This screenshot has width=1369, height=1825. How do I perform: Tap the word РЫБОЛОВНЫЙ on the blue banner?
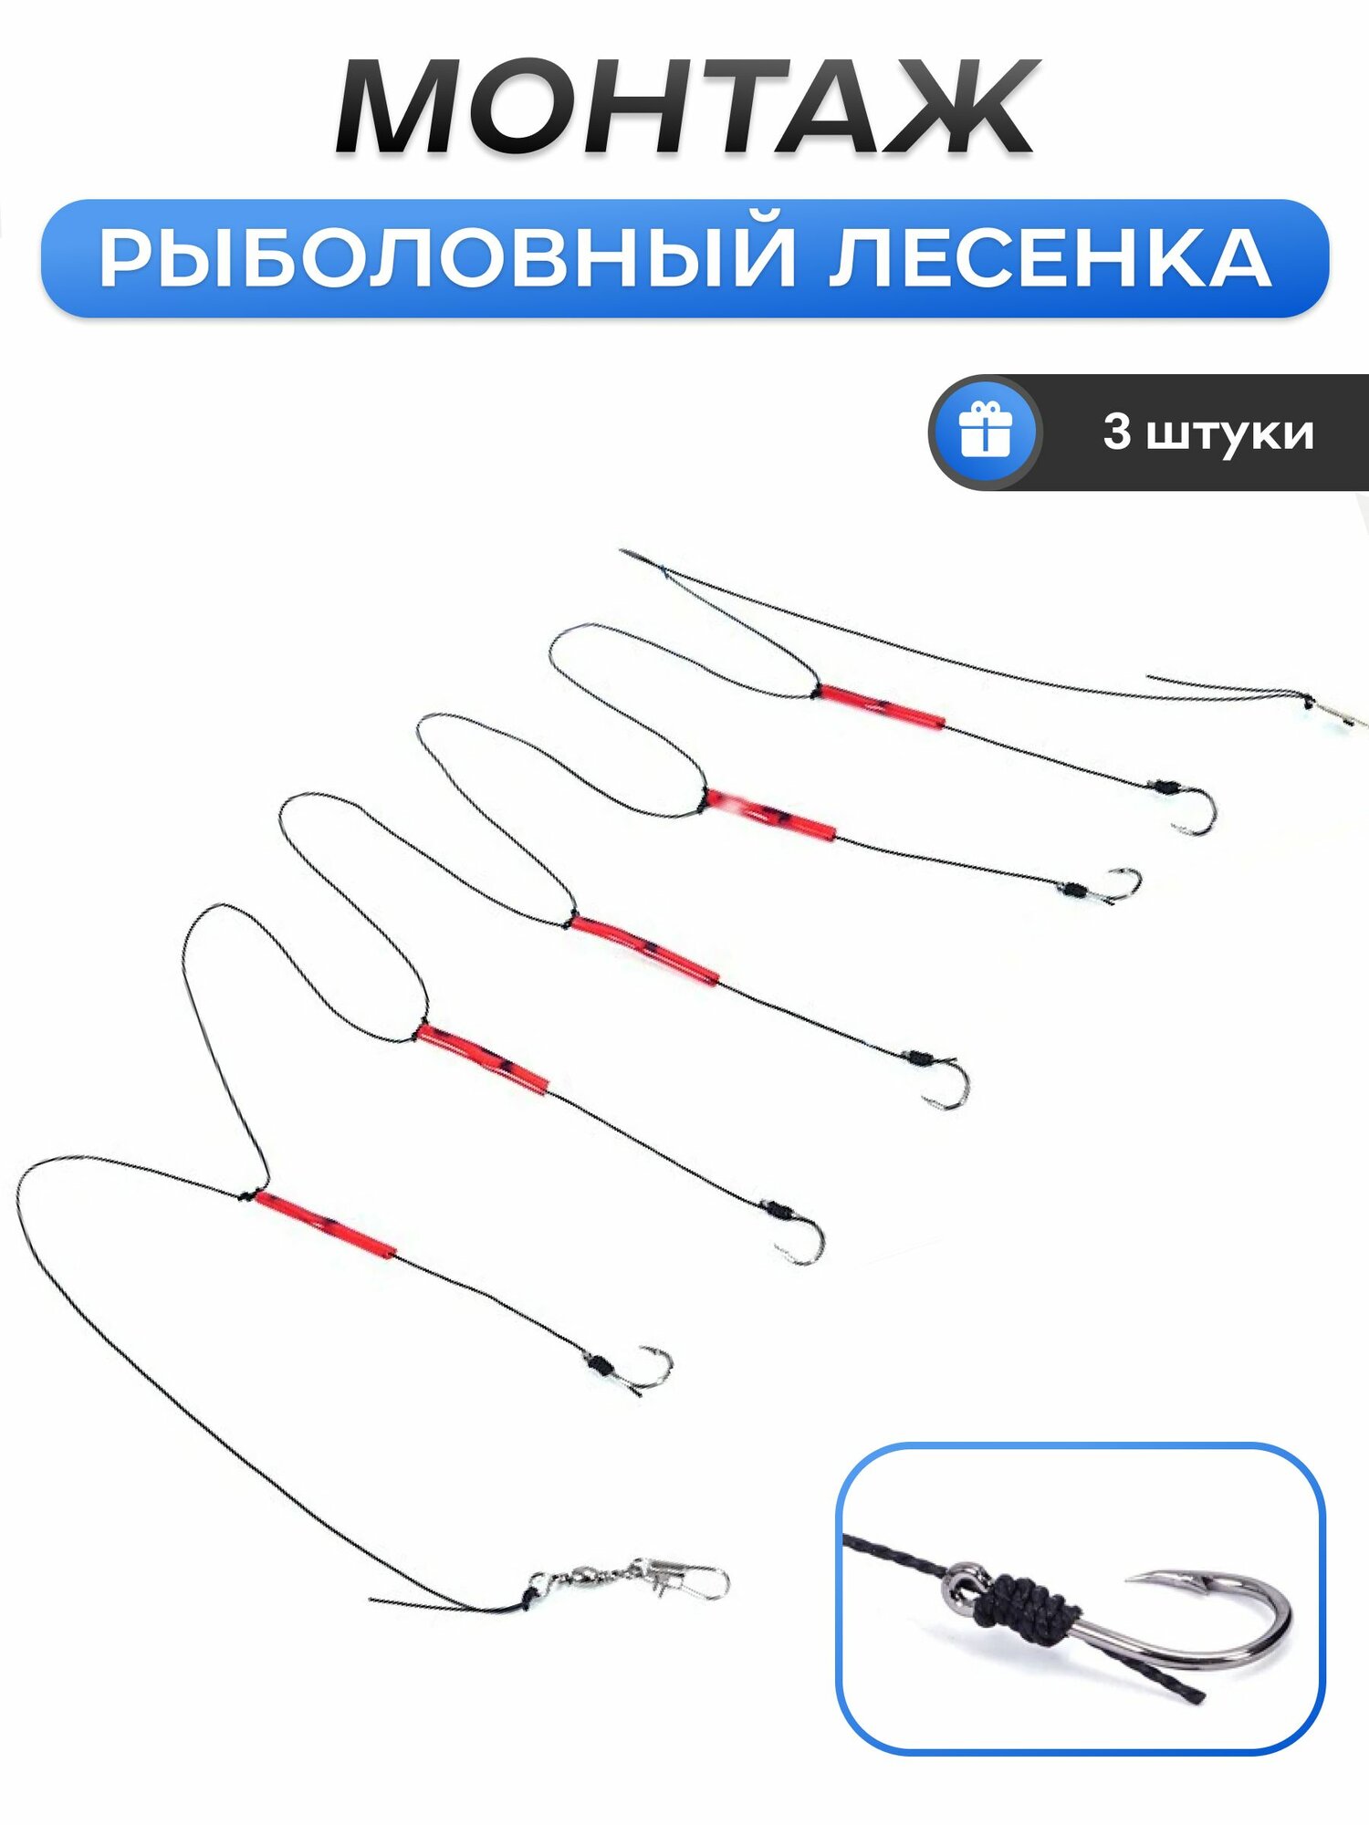tap(447, 259)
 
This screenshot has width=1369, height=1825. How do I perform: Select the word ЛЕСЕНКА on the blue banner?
tap(1050, 259)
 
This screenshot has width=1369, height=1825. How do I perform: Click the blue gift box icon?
tap(986, 432)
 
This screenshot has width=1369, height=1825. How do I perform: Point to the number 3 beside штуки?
tap(1116, 432)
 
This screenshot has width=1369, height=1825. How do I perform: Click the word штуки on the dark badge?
tap(1229, 433)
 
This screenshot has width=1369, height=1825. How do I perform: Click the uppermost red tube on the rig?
tap(882, 706)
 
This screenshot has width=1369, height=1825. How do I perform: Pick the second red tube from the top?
tap(770, 814)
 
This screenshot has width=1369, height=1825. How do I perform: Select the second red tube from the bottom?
tap(482, 1058)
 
